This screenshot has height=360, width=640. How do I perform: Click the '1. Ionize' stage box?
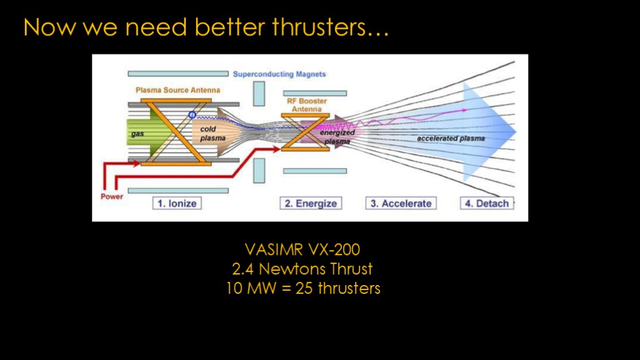(x=177, y=203)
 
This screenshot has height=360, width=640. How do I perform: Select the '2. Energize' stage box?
(x=311, y=203)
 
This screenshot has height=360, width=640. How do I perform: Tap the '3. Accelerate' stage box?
(x=401, y=203)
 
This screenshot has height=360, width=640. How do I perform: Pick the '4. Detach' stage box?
(x=486, y=203)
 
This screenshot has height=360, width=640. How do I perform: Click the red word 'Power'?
(x=112, y=196)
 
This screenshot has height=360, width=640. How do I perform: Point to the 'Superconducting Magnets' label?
(x=279, y=74)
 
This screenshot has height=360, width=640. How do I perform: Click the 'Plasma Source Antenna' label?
(x=178, y=90)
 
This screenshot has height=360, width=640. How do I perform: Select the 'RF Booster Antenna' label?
(x=306, y=105)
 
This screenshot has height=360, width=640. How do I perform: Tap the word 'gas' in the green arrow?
(x=137, y=134)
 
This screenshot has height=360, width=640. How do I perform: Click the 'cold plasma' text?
(x=212, y=134)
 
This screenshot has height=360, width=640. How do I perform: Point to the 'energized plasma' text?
(x=337, y=137)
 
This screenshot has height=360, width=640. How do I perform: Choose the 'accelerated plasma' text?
(x=451, y=138)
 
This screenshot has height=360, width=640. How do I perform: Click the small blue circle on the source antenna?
(x=192, y=115)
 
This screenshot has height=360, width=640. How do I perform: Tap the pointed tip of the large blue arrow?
(x=516, y=131)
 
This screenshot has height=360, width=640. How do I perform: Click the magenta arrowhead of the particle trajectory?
(x=464, y=110)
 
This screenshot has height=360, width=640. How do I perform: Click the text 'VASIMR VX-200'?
(x=302, y=249)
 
